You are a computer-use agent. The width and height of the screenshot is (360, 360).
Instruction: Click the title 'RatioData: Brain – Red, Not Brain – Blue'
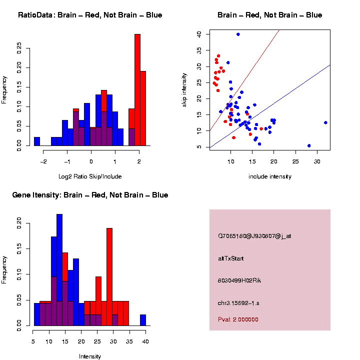point(90,15)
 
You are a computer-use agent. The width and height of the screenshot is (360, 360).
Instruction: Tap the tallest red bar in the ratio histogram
point(137,90)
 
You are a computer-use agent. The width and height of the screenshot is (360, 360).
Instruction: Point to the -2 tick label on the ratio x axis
point(43,161)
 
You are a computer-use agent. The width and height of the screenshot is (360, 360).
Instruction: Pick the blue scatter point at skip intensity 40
point(238,34)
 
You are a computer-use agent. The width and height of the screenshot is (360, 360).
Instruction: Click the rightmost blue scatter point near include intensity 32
point(325,122)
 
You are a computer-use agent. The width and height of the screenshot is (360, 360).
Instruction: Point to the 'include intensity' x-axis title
point(270,176)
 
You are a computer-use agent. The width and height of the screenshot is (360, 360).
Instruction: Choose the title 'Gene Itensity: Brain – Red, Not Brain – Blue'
point(90,195)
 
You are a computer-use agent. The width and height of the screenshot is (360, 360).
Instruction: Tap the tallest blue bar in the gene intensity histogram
point(59,270)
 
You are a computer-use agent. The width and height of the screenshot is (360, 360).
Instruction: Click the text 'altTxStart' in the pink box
point(231,258)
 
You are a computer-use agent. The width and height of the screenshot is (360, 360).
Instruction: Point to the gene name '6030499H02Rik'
point(239,280)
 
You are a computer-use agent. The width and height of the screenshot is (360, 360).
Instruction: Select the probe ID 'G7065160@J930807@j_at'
point(254,236)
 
